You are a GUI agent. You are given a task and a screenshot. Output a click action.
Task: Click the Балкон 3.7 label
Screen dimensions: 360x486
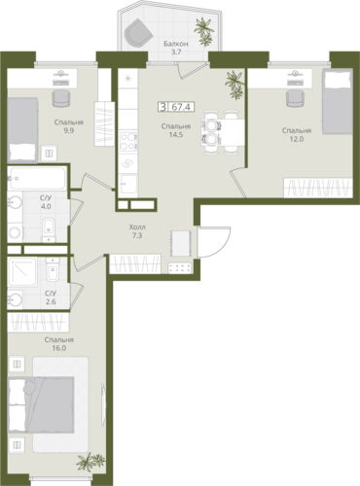pyautogui.click(x=176, y=48)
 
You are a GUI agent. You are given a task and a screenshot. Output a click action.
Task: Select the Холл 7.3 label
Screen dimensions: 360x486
pyautogui.click(x=137, y=231)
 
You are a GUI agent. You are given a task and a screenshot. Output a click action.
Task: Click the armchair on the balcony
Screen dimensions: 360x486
pyautogui.click(x=138, y=32)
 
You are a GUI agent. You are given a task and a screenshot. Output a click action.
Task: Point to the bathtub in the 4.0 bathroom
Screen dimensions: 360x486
pyautogui.click(x=37, y=178)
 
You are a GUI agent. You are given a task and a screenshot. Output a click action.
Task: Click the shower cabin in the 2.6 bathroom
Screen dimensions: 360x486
pyautogui.click(x=22, y=272)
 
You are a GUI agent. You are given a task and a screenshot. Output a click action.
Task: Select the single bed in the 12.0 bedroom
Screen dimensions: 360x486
pyautogui.click(x=338, y=102)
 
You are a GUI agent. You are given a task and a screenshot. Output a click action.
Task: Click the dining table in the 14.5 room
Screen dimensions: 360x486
pyautogui.click(x=223, y=132)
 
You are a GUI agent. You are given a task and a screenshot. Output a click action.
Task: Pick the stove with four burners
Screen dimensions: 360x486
pyautogui.click(x=128, y=141)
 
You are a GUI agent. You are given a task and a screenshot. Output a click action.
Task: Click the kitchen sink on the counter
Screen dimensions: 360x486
pyautogui.click(x=128, y=185)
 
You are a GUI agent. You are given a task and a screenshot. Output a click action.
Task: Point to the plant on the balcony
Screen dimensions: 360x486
pyautogui.click(x=204, y=31)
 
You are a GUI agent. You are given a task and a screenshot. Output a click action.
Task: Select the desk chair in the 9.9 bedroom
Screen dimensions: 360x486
pyautogui.click(x=61, y=98)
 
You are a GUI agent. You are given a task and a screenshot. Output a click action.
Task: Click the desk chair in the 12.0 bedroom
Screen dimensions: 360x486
pyautogui.click(x=295, y=98)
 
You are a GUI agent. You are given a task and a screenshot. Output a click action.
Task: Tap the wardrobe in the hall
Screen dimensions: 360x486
pyautogui.click(x=135, y=263)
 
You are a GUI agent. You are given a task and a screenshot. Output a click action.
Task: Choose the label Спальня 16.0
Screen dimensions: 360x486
pyautogui.click(x=59, y=344)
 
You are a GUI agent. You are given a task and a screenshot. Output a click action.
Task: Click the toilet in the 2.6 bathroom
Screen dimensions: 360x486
pyautogui.click(x=52, y=269)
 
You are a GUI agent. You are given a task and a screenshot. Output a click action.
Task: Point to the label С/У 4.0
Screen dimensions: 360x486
pyautogui.click(x=46, y=202)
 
